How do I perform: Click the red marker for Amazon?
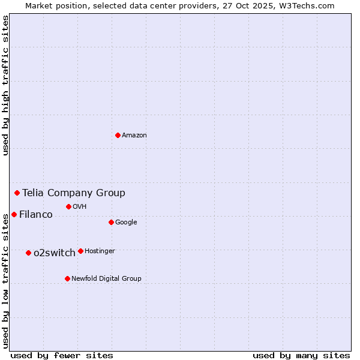pos(118,135)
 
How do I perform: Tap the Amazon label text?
pos(134,136)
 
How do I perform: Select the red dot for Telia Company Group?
pos(17,193)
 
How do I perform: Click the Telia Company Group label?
pos(74,193)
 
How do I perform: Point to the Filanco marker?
pos(14,214)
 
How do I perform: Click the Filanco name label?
pos(36,214)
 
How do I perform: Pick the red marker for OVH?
pos(68,206)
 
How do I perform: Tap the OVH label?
pos(80,207)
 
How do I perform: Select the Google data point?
pos(111,222)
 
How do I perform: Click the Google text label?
pos(126,223)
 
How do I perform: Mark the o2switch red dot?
pos(28,253)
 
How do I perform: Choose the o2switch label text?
pos(55,253)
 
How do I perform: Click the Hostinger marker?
pos(80,251)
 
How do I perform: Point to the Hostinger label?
pos(100,251)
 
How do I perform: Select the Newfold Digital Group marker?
pos(67,278)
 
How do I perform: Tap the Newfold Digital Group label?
pos(106,278)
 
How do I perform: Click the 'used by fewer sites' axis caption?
pos(62,355)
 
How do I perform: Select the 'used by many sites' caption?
pos(301,355)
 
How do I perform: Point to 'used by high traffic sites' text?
pos(5,85)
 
